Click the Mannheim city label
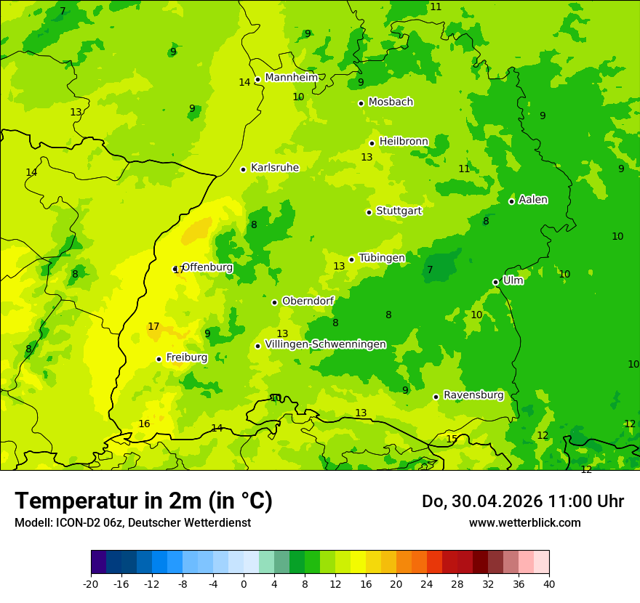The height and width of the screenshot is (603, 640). [291, 78]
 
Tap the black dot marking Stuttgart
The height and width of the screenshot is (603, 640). [369, 212]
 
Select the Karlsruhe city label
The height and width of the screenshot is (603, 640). [274, 168]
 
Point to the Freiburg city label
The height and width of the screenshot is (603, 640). [186, 357]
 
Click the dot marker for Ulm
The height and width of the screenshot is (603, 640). [495, 282]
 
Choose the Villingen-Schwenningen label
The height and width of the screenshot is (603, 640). [325, 344]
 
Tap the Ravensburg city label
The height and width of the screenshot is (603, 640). [473, 395]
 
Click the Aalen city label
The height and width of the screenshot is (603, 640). [533, 200]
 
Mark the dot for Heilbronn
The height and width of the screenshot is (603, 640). [372, 143]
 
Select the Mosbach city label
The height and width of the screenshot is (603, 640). [391, 102]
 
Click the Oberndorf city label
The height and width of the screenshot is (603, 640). [308, 301]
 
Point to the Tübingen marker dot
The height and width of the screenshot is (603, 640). [351, 259]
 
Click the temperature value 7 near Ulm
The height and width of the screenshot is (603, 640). [430, 270]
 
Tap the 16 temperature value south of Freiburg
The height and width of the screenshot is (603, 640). [144, 424]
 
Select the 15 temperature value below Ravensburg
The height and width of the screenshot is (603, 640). [452, 439]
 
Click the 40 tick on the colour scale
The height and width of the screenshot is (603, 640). [549, 583]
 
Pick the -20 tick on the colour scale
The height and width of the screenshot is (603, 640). [91, 583]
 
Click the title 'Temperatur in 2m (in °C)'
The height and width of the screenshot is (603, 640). [143, 501]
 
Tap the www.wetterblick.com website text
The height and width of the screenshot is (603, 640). [524, 522]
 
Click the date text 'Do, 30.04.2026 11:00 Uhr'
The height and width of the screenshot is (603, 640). [523, 501]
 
